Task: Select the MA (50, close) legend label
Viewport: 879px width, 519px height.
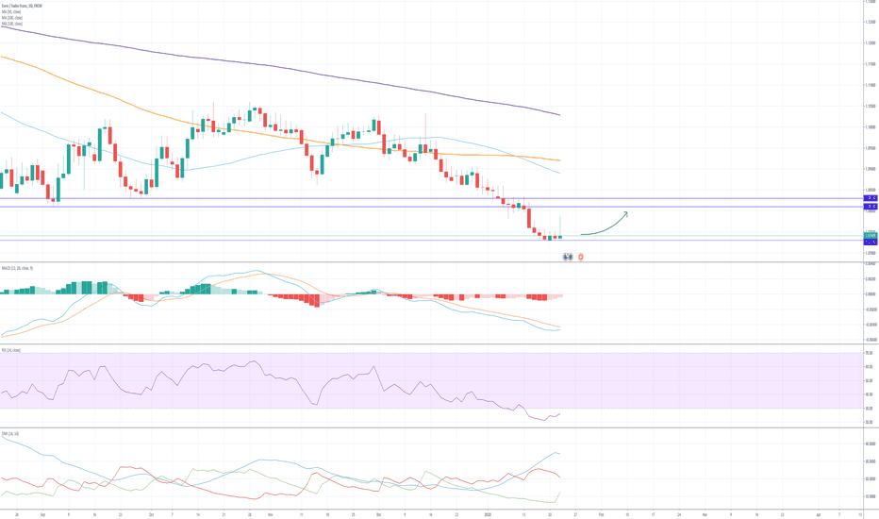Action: coord(12,11)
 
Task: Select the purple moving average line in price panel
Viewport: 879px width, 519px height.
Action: coord(283,65)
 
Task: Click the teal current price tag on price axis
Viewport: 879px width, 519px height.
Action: coord(871,236)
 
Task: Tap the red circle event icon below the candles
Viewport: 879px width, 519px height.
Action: coord(580,256)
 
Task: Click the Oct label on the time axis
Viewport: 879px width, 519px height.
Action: coord(151,515)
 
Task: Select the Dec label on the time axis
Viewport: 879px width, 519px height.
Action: coord(378,515)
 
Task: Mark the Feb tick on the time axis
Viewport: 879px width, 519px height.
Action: coord(601,515)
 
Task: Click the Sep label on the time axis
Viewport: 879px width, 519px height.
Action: coord(43,515)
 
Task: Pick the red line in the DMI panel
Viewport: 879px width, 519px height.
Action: coord(283,494)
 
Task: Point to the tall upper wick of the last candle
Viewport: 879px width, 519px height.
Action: coord(561,225)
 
